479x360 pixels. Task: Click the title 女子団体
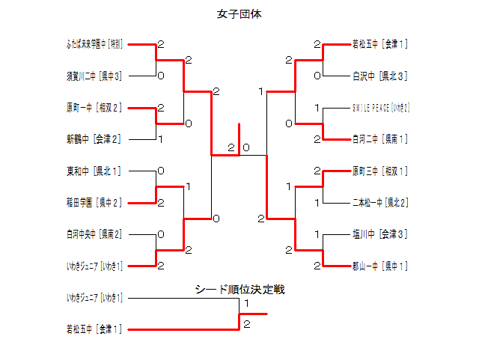pos(239,14)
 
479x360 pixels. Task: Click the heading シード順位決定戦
pos(239,290)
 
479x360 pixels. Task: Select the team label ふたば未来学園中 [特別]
pos(94,44)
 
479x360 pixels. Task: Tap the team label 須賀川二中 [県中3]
pos(94,76)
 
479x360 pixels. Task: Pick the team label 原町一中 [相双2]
pos(94,108)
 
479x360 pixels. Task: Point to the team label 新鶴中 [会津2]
pos(94,139)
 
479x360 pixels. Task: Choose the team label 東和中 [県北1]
pos(94,171)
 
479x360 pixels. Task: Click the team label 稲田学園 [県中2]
pos(94,203)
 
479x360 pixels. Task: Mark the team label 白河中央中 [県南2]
pos(94,234)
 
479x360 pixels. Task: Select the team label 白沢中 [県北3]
pos(380,76)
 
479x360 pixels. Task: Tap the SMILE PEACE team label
pos(381,108)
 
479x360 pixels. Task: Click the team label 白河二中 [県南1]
pos(380,139)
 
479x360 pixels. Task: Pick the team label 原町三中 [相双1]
pos(380,171)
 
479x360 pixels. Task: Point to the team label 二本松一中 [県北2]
pos(380,203)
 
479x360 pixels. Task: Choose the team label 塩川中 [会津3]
pos(380,234)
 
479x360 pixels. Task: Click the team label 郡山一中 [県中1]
pos(380,266)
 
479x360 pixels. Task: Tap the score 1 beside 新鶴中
pos(161,138)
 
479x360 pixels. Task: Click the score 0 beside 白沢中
pos(317,76)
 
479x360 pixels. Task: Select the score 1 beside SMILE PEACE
pos(317,108)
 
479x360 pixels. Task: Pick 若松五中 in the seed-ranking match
pos(94,329)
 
